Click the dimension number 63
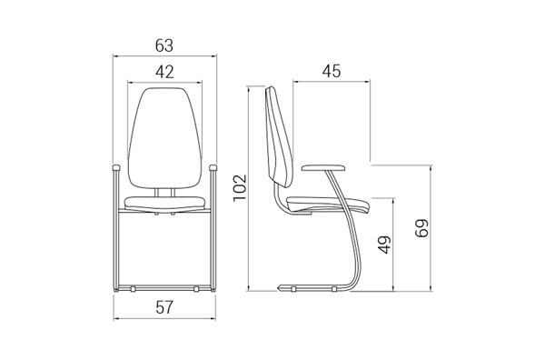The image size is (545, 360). pyautogui.click(x=164, y=45)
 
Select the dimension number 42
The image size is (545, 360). pyautogui.click(x=164, y=72)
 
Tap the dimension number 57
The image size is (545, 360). pyautogui.click(x=164, y=307)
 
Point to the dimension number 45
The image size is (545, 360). pyautogui.click(x=332, y=71)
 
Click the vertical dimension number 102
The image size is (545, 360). pyautogui.click(x=240, y=187)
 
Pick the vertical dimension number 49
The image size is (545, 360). pyautogui.click(x=385, y=245)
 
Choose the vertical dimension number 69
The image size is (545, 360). pyautogui.click(x=422, y=228)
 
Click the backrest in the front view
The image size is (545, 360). pyautogui.click(x=164, y=138)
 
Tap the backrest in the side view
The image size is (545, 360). pyautogui.click(x=279, y=136)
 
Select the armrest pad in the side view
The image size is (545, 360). pyautogui.click(x=323, y=168)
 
